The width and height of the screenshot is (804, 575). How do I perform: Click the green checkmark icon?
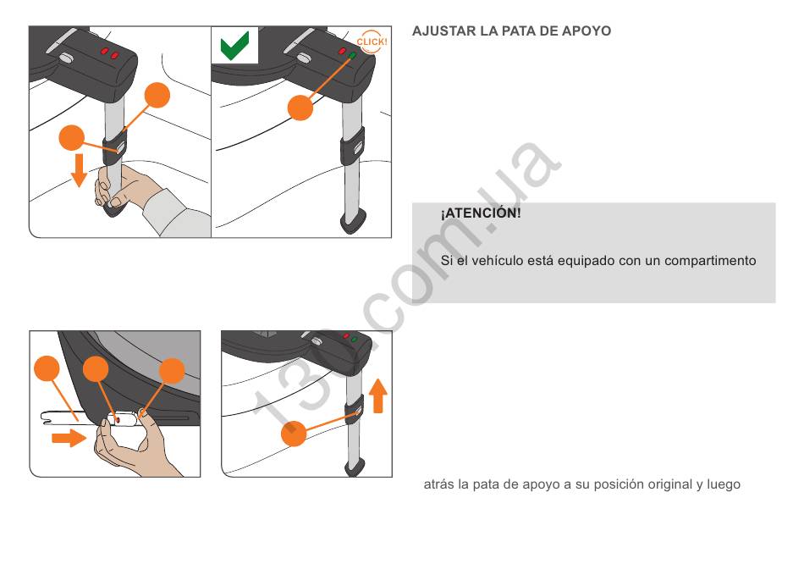234,46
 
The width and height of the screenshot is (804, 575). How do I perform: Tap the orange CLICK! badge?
372,41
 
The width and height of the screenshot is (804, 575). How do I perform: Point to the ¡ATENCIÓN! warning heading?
481,213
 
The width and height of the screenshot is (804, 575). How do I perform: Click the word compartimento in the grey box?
710,261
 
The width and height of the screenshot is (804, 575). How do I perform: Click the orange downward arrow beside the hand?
79,169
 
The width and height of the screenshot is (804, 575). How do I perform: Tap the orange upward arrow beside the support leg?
378,395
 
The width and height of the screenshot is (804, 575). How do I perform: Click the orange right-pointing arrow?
69,438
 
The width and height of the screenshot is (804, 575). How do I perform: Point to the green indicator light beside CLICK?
352,55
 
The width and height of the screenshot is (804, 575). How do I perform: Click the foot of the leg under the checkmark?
353,222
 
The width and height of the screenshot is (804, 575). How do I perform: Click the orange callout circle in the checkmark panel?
300,108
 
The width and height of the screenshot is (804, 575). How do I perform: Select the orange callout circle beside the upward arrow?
294,434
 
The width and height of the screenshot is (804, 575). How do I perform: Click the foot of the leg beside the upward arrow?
355,467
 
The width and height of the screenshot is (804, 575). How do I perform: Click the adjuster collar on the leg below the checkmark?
353,146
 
